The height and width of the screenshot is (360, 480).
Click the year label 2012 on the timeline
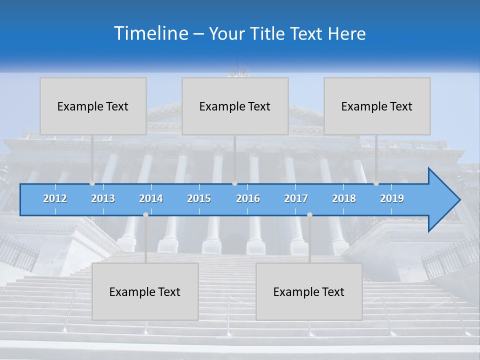55,198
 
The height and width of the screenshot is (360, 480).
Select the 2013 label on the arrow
103,198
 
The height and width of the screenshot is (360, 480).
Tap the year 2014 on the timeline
151,198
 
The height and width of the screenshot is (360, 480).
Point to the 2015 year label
199,198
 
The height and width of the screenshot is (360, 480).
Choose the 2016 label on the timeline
248,198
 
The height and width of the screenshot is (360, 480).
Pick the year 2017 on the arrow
296,198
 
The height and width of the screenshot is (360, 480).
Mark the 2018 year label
344,198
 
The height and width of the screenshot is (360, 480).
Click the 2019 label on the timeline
392,198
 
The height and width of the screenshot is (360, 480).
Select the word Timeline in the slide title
150,33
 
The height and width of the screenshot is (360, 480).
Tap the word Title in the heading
269,33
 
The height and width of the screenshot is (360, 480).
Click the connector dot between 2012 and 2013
92,183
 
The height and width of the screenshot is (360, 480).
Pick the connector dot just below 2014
145,214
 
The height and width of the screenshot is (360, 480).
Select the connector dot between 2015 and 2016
234,183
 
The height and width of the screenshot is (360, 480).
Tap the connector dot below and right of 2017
309,214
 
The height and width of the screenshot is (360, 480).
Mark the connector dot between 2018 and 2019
376,183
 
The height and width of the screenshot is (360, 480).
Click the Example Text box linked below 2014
145,291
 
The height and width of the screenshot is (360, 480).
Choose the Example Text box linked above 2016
235,106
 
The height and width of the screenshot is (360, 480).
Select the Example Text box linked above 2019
377,106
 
